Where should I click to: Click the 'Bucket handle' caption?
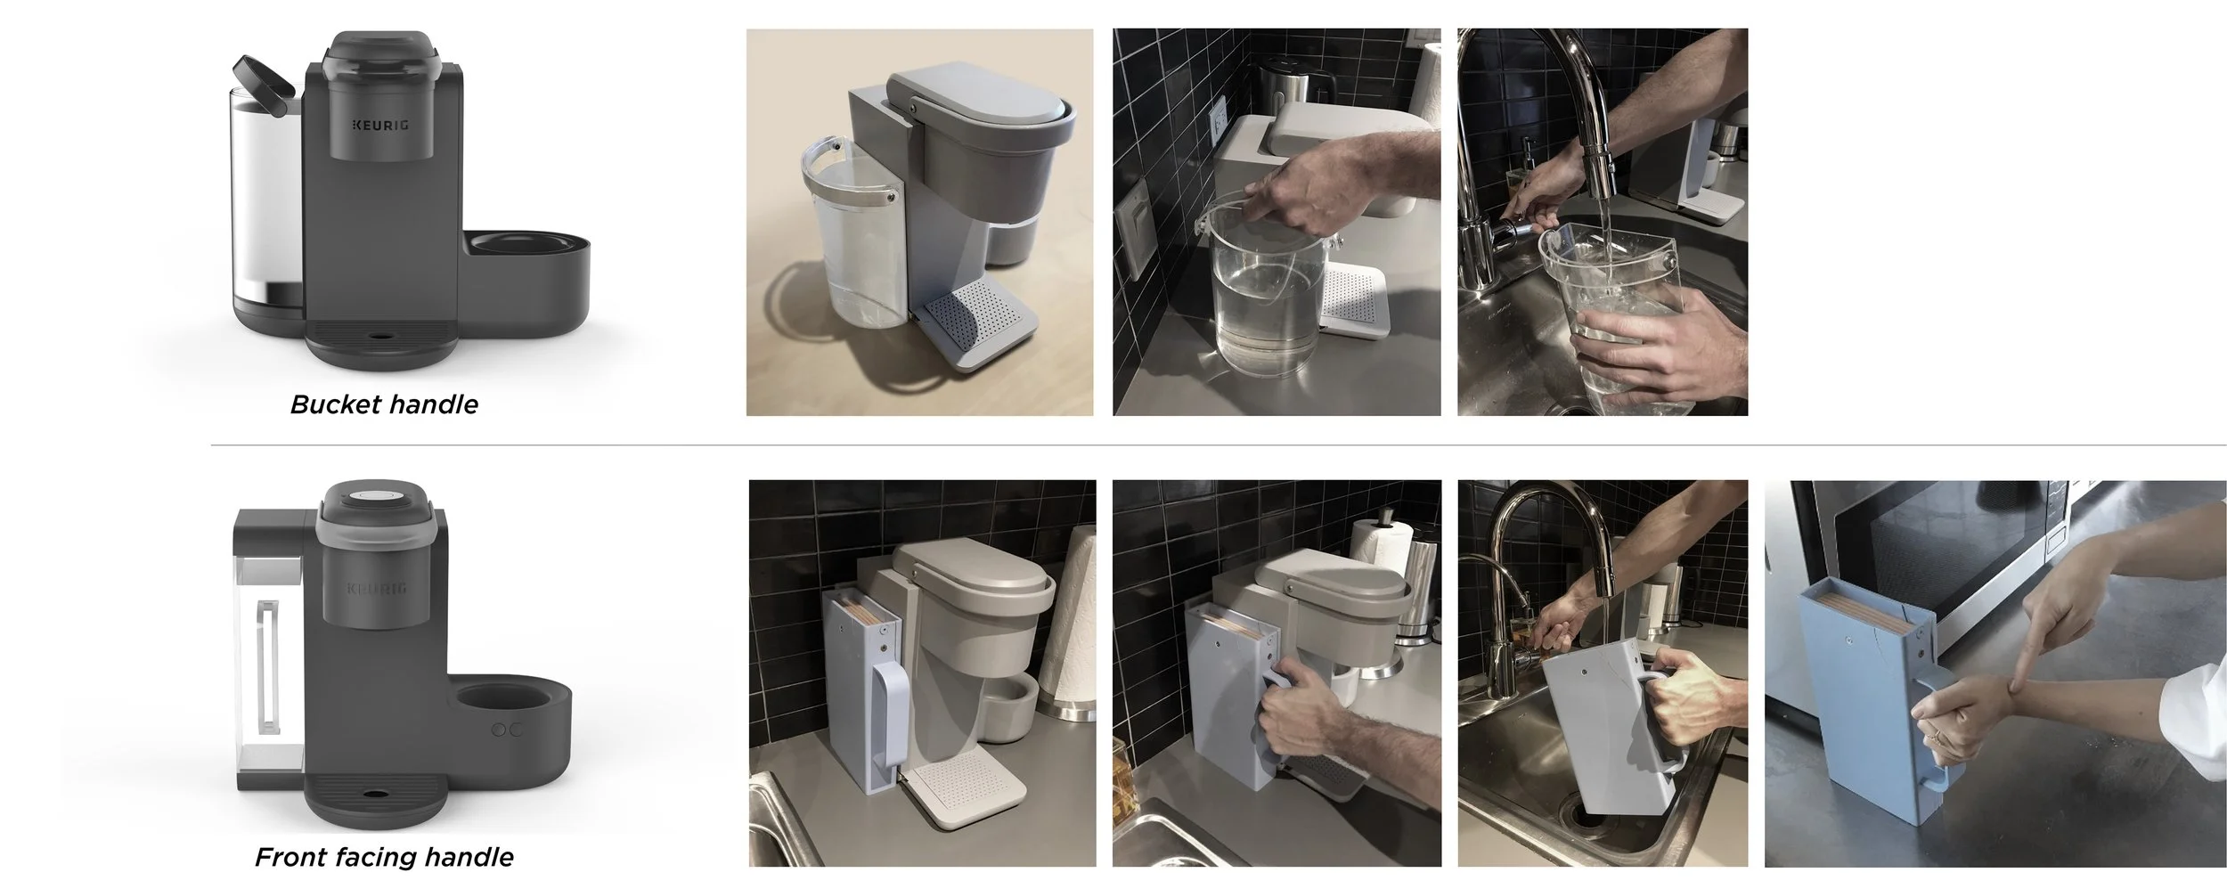pos(384,404)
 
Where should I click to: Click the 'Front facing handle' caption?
pos(384,857)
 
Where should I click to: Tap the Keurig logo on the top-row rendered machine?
pos(379,125)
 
